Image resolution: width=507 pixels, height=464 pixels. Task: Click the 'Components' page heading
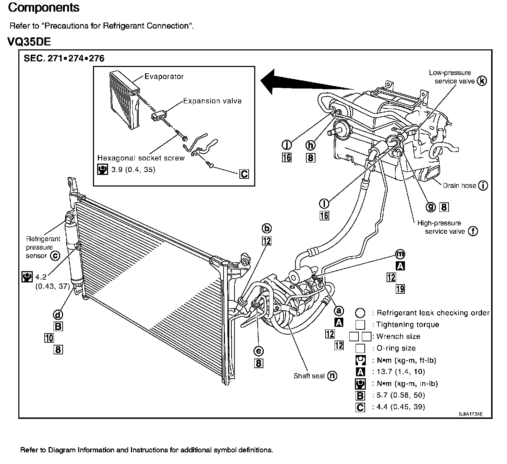click(44, 8)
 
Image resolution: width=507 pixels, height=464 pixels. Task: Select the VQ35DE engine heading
click(29, 42)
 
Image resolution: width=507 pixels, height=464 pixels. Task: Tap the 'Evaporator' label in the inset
click(164, 77)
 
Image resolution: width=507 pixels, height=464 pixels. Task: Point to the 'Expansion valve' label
click(212, 101)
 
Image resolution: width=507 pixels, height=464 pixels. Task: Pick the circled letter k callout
click(482, 81)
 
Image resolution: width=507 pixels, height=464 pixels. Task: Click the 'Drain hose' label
click(459, 185)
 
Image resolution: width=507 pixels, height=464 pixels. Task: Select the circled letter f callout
click(473, 231)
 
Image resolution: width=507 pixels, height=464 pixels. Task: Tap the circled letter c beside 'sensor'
click(55, 256)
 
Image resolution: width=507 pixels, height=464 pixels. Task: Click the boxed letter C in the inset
click(244, 174)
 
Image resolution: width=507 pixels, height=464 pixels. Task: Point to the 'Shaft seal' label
click(309, 376)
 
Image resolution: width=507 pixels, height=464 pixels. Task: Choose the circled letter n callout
click(332, 376)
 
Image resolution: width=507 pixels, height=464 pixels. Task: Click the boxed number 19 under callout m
click(400, 289)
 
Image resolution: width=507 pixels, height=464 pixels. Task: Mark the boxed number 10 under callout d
click(49, 338)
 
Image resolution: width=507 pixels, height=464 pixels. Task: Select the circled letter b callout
click(267, 229)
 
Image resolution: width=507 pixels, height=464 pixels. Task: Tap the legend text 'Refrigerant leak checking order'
click(433, 313)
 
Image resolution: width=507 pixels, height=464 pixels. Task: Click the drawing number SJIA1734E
click(470, 414)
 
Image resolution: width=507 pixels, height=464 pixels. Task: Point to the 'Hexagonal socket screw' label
click(141, 158)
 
